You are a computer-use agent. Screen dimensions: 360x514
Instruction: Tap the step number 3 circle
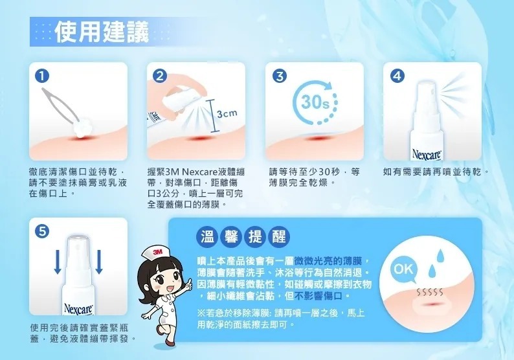tap(278, 75)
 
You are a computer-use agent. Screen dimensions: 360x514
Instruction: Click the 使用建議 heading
tap(101, 30)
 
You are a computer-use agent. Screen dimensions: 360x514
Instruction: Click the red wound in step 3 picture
tap(317, 139)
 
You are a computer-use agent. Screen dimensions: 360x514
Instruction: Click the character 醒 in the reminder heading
tap(278, 234)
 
